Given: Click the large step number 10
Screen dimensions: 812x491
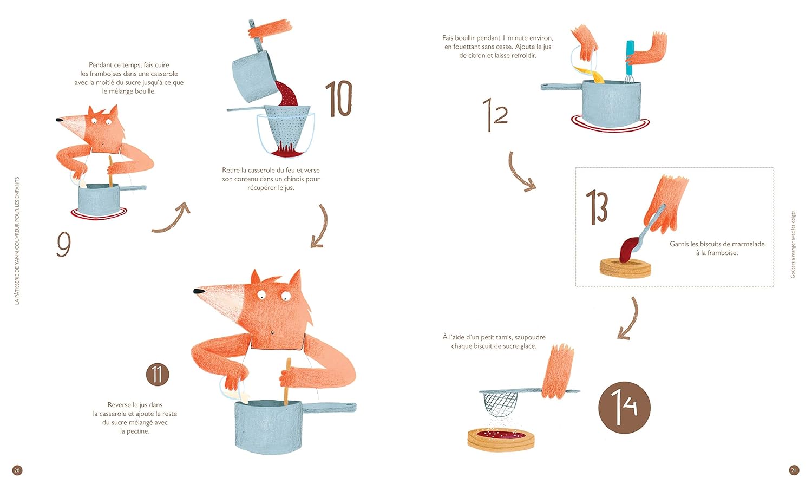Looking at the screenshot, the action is pos(338,99).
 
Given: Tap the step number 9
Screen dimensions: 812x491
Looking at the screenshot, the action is pos(64,244).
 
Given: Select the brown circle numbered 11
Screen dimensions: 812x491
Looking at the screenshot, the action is pos(158,375).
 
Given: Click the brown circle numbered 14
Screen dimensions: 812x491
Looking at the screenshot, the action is pos(624,408).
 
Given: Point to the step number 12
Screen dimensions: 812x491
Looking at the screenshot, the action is pos(495,114).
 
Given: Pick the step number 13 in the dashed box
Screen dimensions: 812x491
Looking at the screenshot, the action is pos(597,207).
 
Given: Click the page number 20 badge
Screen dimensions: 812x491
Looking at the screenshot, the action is pos(17,470).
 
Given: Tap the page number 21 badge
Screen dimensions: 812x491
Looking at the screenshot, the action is pos(794,470).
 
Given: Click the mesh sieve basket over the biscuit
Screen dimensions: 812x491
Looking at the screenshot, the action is pos(500,404).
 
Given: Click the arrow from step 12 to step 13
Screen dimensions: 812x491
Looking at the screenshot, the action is pos(519,173).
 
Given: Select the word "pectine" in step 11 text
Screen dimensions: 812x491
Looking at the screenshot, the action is pos(137,431).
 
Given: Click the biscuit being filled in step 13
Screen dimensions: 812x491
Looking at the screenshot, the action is pos(625,267).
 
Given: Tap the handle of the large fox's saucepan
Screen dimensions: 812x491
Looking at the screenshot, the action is pos(329,408).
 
